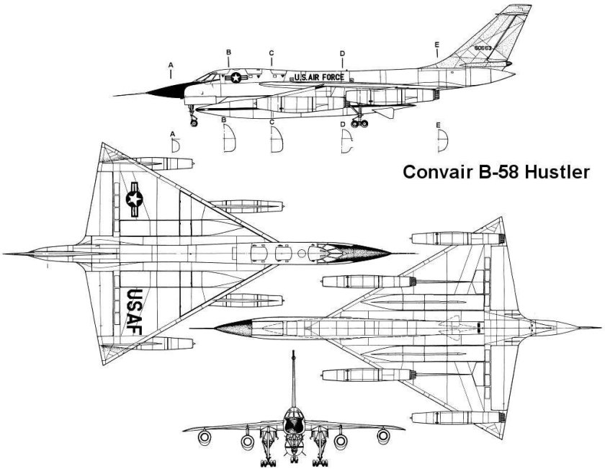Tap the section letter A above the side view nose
coord(171,65)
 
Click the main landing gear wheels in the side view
coord(357,123)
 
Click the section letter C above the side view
coord(272,53)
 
